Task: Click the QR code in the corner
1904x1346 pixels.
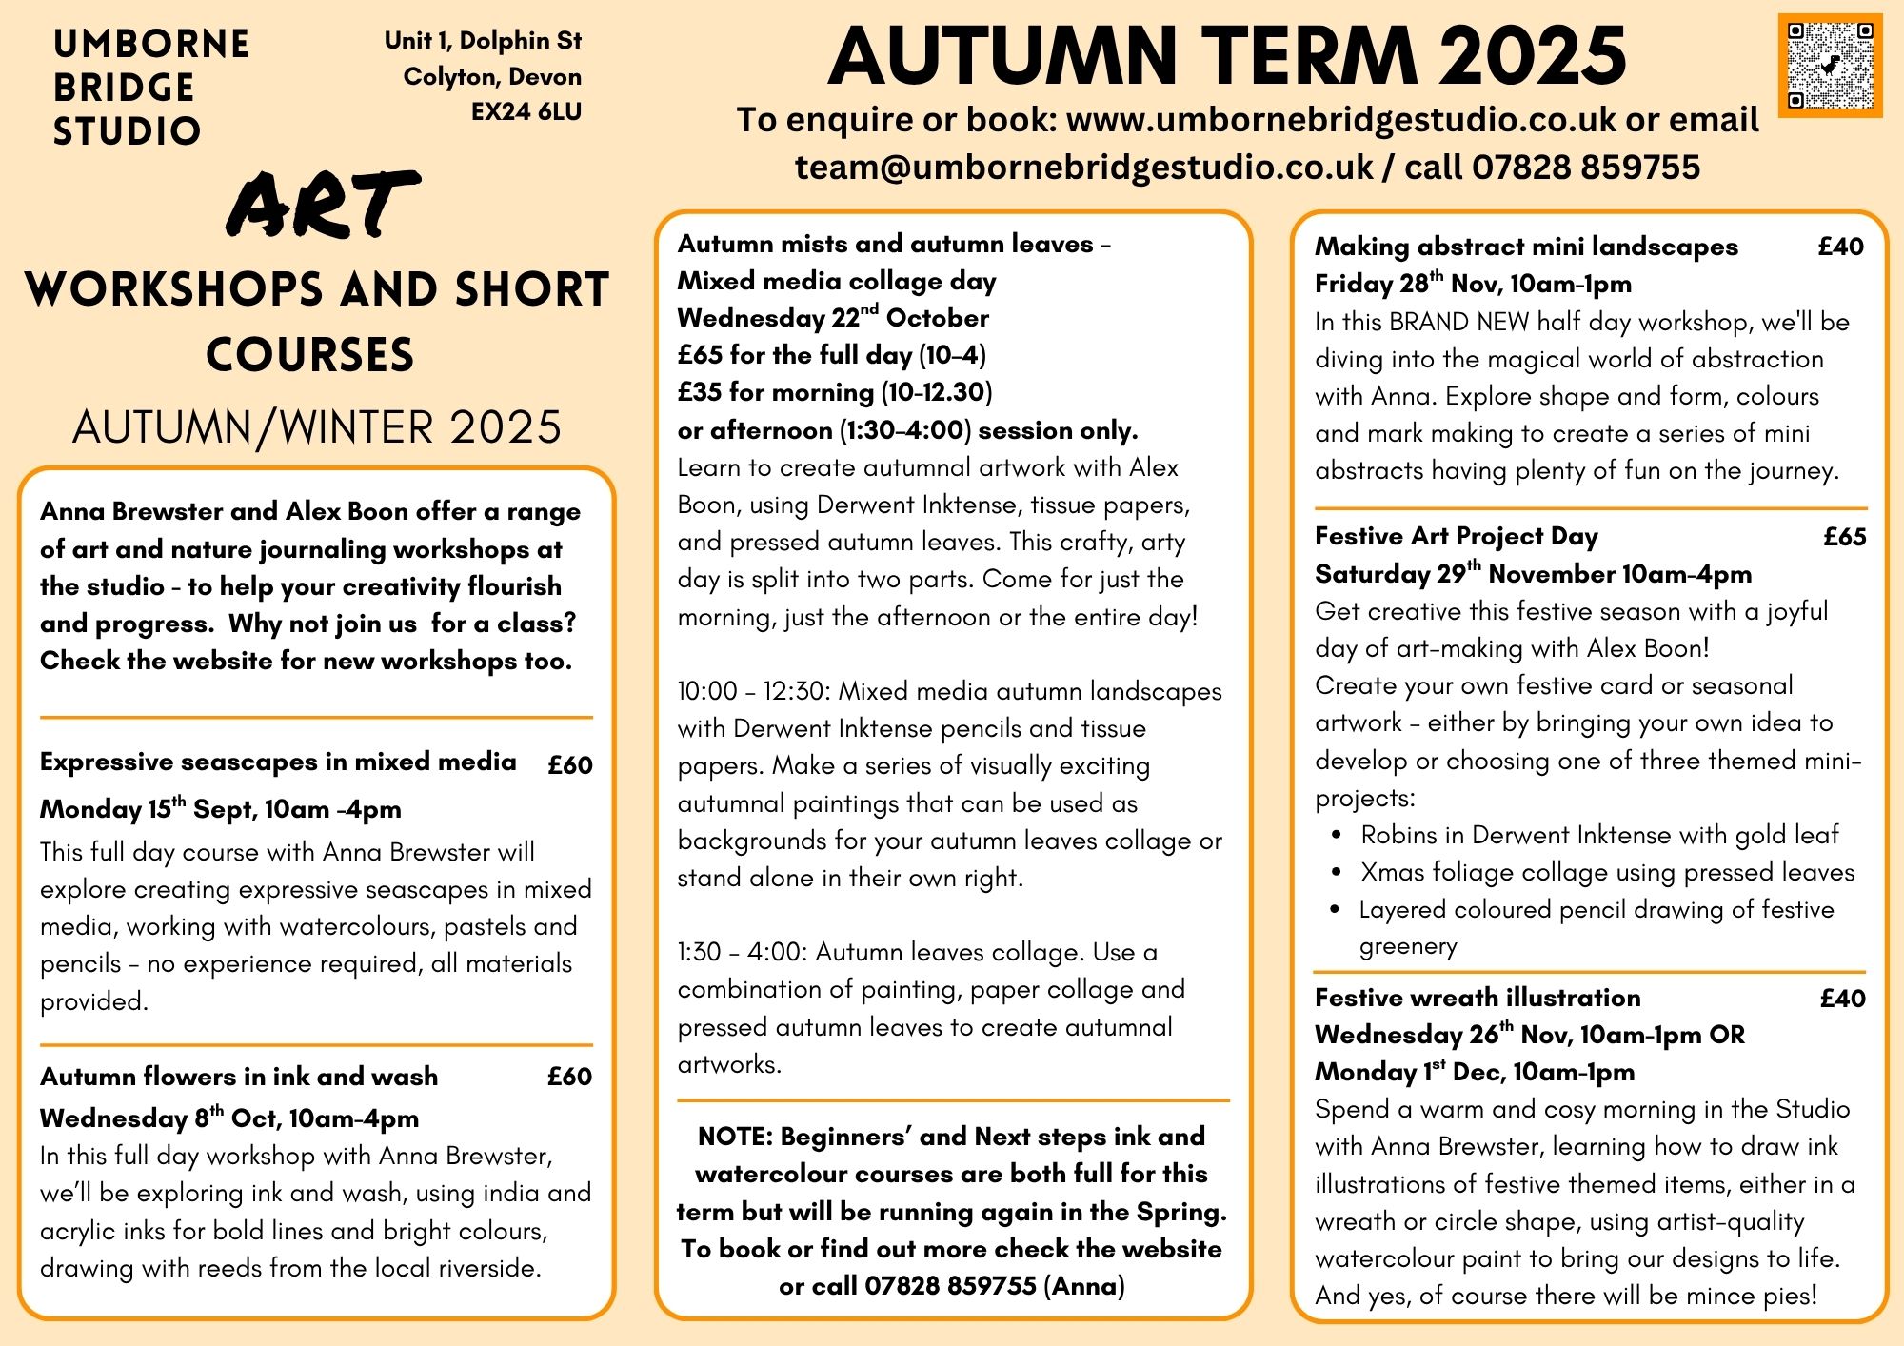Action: coord(1830,66)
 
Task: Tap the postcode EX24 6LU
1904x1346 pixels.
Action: coord(526,112)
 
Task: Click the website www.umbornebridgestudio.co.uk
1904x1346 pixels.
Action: coord(1340,120)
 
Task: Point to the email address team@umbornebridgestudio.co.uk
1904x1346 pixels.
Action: coord(1083,168)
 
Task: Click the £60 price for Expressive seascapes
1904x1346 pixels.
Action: coord(569,764)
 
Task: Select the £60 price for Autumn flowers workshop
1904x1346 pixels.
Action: coord(569,1077)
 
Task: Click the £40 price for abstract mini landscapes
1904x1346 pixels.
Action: coord(1840,247)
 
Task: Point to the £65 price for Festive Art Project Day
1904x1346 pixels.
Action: coord(1844,537)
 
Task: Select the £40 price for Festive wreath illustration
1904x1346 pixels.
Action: coord(1842,999)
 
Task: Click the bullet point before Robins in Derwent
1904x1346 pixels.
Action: coord(1338,836)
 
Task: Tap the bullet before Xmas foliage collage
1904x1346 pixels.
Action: coord(1338,872)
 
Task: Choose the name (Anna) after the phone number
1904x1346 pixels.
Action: coord(1084,1287)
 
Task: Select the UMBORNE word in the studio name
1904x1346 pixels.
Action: coord(151,44)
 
